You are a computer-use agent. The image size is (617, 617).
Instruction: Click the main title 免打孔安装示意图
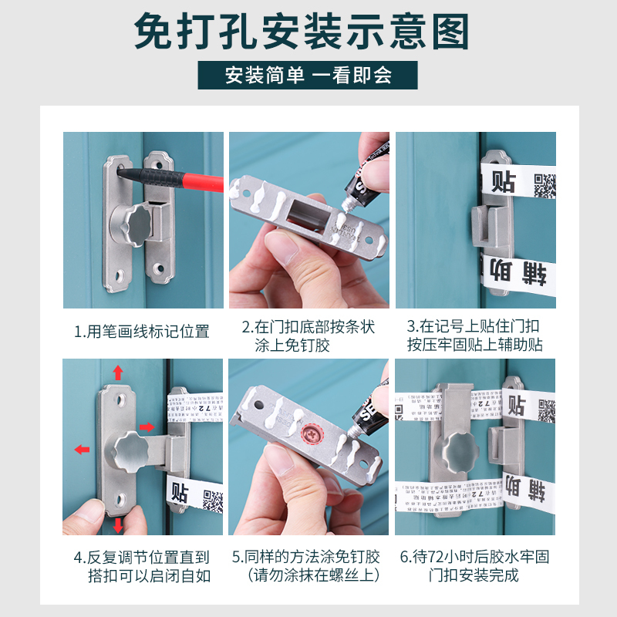(x=308, y=32)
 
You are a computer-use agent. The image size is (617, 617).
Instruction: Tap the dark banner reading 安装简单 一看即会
(x=308, y=75)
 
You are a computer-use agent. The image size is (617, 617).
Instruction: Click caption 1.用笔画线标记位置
(x=142, y=332)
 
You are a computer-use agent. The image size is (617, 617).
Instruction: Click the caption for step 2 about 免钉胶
(x=308, y=336)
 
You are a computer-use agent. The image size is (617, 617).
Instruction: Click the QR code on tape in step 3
(x=545, y=186)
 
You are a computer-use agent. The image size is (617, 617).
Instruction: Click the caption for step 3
(x=475, y=336)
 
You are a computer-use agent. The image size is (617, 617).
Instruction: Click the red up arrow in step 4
(x=118, y=373)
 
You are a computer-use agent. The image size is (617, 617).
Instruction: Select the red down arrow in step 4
(x=118, y=525)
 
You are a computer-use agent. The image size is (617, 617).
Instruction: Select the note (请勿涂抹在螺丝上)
(x=308, y=575)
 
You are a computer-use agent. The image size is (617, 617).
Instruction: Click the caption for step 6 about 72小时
(x=475, y=566)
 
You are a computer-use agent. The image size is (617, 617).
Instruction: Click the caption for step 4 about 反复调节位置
(x=142, y=566)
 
